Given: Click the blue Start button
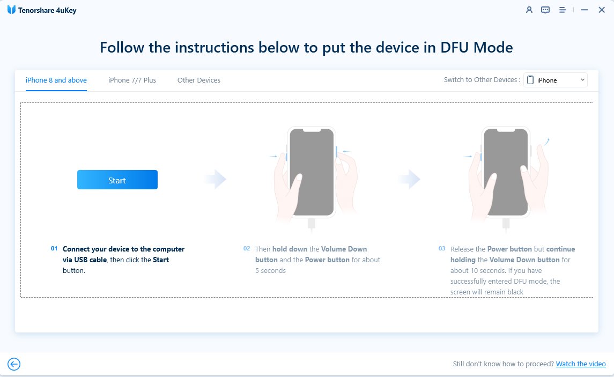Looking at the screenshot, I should (117, 180).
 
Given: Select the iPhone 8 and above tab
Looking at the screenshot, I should (56, 80).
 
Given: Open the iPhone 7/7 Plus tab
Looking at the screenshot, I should (132, 80).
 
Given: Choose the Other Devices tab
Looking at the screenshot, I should (199, 80).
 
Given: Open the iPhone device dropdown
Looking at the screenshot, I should (556, 80).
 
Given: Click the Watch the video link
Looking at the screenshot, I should (581, 364).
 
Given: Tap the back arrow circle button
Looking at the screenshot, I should (14, 365).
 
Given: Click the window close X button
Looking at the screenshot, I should (601, 10).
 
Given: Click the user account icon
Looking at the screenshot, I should (529, 10).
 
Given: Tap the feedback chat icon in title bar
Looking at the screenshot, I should (545, 10).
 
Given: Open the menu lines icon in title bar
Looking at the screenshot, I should (563, 10).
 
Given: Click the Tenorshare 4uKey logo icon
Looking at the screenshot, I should (11, 10).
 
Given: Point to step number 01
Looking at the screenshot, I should (54, 249).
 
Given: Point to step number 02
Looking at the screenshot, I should (247, 249).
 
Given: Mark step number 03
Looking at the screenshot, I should (442, 249).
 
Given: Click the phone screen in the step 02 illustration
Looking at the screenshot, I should (312, 172).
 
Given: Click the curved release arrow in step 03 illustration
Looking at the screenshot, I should (546, 141).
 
